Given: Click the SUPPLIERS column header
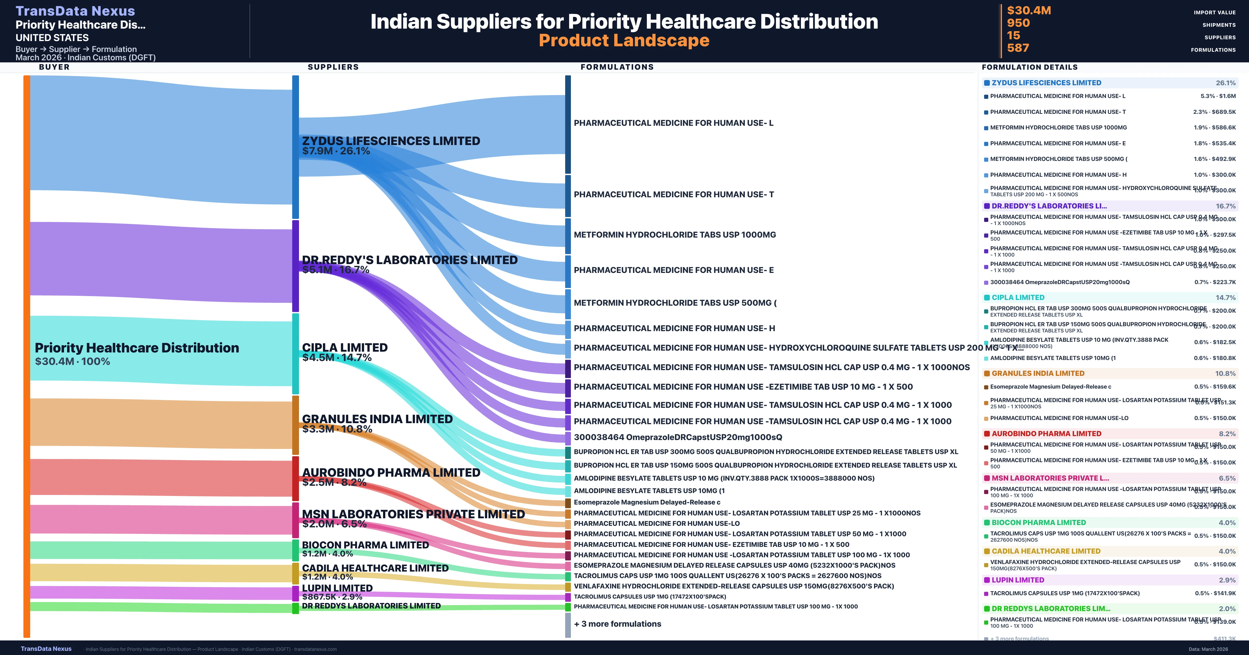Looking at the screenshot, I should (x=333, y=67).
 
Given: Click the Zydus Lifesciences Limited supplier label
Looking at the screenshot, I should (x=391, y=141).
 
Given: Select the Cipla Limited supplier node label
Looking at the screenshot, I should (x=345, y=348).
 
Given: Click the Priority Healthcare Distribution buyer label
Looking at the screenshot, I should (x=137, y=348).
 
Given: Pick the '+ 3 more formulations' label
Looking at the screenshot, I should (x=617, y=624).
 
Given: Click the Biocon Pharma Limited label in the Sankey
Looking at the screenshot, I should (x=365, y=545).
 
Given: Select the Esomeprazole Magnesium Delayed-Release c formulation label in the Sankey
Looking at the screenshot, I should (x=647, y=502).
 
